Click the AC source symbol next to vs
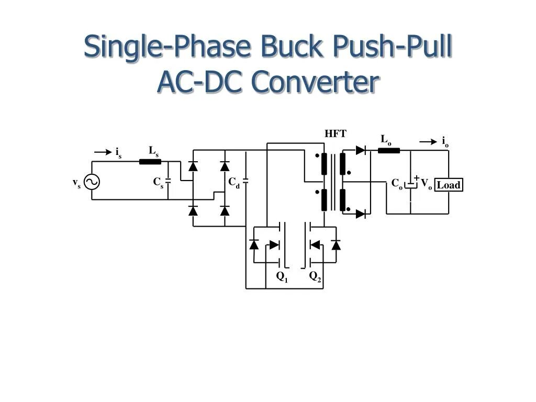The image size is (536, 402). [x=92, y=182]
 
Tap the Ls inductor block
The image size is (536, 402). [x=150, y=161]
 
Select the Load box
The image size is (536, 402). [x=449, y=185]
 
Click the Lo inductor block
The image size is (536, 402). [x=389, y=151]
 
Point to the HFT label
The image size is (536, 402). [x=336, y=133]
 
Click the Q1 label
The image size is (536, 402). [x=282, y=277]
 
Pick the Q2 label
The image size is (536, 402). [x=315, y=277]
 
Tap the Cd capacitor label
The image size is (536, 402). [x=233, y=183]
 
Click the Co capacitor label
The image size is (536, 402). [x=397, y=184]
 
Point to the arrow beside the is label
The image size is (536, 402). [x=103, y=152]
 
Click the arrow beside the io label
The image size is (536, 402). [x=429, y=141]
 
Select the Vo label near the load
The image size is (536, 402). [x=426, y=184]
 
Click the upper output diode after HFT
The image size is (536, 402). [x=361, y=150]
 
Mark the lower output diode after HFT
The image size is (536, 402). [x=361, y=214]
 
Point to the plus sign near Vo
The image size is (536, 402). [x=417, y=177]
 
